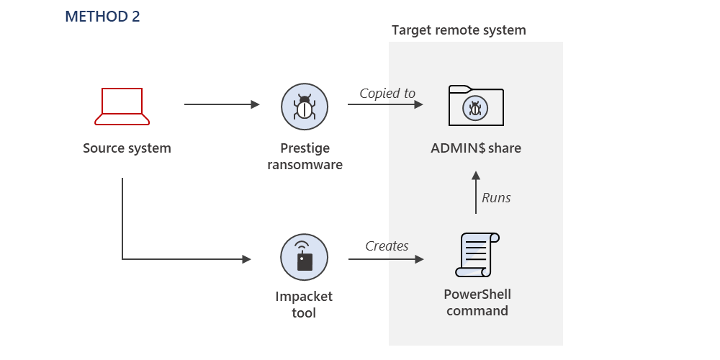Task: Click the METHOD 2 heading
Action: pyautogui.click(x=102, y=17)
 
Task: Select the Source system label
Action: pyautogui.click(x=127, y=149)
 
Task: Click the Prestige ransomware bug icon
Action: pyautogui.click(x=305, y=105)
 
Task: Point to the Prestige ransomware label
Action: pyautogui.click(x=305, y=156)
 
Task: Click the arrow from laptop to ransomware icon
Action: pyautogui.click(x=221, y=104)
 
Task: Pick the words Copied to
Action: pyautogui.click(x=387, y=93)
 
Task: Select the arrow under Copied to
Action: pyautogui.click(x=384, y=104)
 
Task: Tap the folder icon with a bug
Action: pyautogui.click(x=475, y=106)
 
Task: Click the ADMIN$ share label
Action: pyautogui.click(x=475, y=149)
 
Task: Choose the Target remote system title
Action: pyautogui.click(x=459, y=30)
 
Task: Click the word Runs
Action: pyautogui.click(x=496, y=197)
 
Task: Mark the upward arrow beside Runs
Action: pyautogui.click(x=475, y=192)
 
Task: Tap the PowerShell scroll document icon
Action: pyautogui.click(x=477, y=255)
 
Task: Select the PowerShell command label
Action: pyautogui.click(x=477, y=302)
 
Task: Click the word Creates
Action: pyautogui.click(x=387, y=246)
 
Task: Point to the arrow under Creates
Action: pyautogui.click(x=385, y=258)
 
